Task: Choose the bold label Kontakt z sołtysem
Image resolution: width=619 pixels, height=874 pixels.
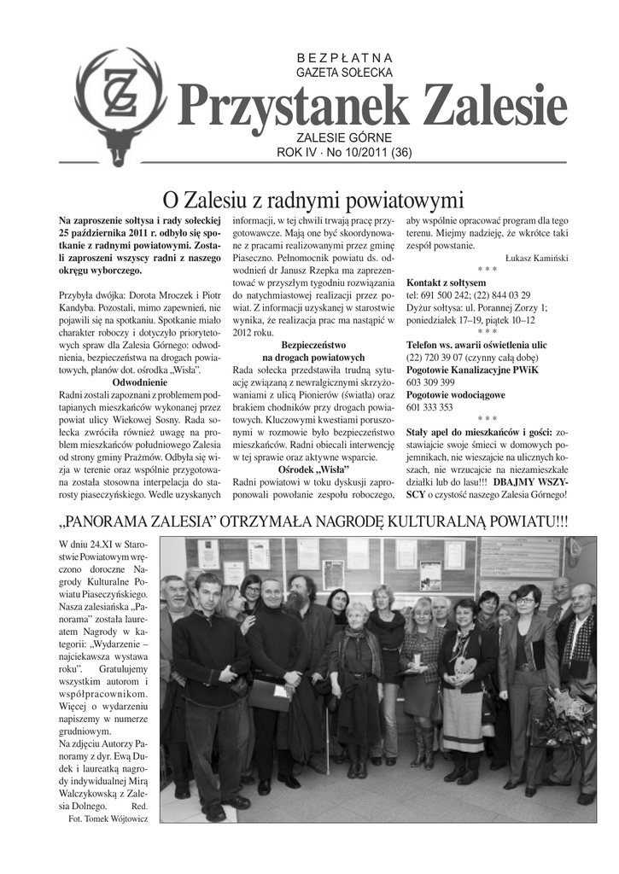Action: [447, 283]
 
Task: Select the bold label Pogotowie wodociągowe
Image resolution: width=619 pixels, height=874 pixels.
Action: [456, 395]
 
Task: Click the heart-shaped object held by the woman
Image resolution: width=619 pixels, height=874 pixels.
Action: [463, 663]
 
